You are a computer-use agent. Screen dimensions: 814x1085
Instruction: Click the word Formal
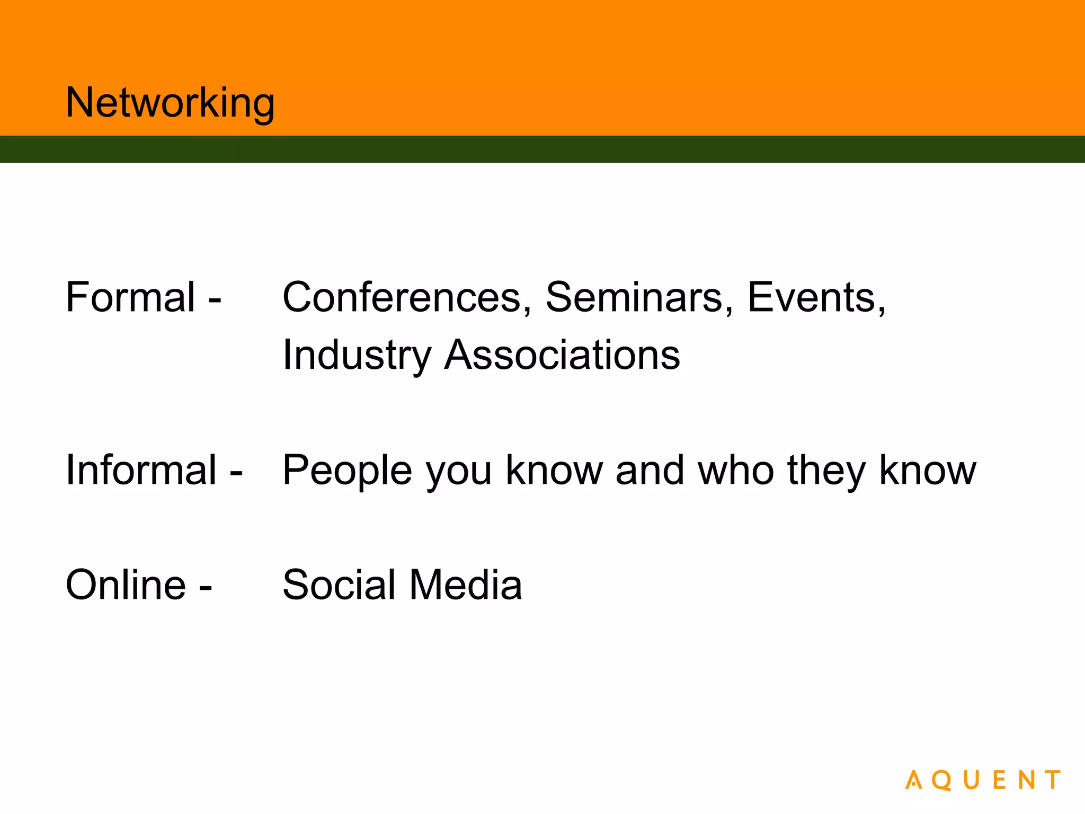point(130,297)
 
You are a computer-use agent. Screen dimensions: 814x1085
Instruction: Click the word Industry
point(357,355)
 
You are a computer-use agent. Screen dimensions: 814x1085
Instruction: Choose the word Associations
point(562,355)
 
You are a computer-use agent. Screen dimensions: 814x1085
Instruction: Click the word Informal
point(141,470)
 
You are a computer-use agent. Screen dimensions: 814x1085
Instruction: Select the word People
point(347,470)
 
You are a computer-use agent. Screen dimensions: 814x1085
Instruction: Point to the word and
point(650,470)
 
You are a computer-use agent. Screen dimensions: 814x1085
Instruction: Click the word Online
point(126,585)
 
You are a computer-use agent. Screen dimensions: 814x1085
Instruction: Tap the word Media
point(466,585)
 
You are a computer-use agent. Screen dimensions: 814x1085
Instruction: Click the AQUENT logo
point(983,780)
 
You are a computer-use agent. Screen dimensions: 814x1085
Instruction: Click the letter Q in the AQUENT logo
point(942,781)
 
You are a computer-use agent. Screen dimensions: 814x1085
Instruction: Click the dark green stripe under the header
point(542,149)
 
